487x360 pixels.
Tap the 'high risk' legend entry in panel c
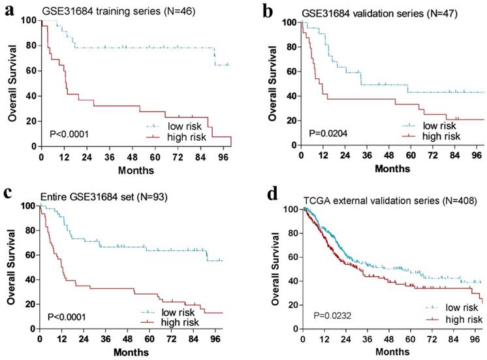pyautogui.click(x=183, y=321)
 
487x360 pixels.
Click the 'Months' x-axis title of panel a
pyautogui.click(x=135, y=170)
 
